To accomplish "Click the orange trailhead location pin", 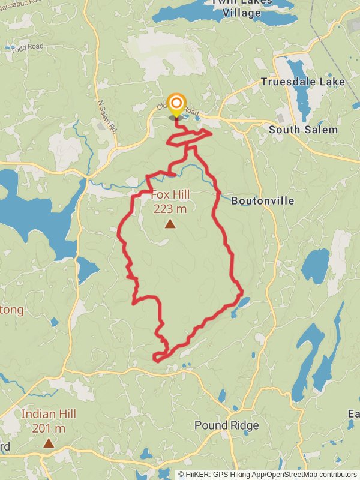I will [x=176, y=105].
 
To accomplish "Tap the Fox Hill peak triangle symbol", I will [x=170, y=224].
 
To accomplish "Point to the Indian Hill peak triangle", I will [x=48, y=443].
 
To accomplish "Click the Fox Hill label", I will [x=170, y=194].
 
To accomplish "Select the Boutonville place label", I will [x=263, y=200].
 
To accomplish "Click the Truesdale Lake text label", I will [x=303, y=82].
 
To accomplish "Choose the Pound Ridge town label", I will [x=227, y=425].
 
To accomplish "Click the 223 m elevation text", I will [x=170, y=209].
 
